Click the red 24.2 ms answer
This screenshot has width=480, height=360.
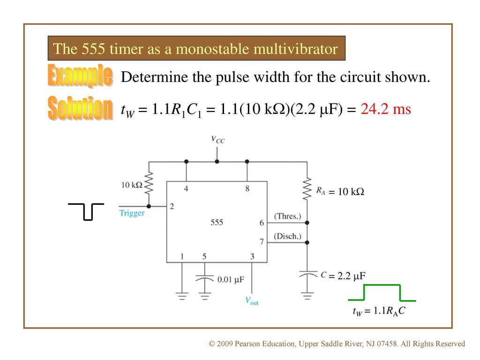coord(386,109)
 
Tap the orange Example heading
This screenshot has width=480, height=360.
coord(80,75)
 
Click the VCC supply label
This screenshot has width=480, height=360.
coord(217,140)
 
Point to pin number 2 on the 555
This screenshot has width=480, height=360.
coord(172,206)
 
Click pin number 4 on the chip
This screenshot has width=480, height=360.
coord(186,188)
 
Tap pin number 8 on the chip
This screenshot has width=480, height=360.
coord(247,188)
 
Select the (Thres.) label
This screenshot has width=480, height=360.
coord(287,216)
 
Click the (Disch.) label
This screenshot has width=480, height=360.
coord(287,236)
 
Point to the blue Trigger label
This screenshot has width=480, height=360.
coord(132,213)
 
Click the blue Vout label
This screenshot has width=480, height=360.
coord(252,301)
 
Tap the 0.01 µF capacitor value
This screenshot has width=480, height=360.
coord(231,279)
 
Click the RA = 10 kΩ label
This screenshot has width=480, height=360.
coord(340,191)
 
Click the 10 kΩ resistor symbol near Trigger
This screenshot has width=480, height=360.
coord(149,183)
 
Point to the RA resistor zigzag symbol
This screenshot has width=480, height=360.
coord(307,188)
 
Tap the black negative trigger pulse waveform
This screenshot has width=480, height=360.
coord(86,211)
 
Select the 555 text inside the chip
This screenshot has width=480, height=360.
coord(217,222)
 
